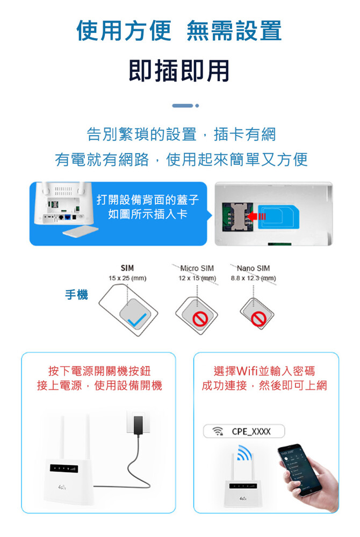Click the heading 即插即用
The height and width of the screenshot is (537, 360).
tap(179, 71)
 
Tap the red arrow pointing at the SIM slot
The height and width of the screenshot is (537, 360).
tap(256, 216)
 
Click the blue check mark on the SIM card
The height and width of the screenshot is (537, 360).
tap(136, 320)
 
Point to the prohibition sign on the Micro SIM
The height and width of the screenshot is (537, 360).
tap(200, 319)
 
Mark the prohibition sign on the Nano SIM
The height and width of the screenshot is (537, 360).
tap(258, 319)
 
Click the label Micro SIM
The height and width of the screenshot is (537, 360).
tap(197, 268)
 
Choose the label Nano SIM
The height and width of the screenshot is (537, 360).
tap(253, 268)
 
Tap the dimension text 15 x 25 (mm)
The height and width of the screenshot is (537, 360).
tap(127, 278)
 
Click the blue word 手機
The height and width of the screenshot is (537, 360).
tap(77, 294)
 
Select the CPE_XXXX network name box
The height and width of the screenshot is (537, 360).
tap(244, 431)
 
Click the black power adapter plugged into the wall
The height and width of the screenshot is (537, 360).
tap(139, 426)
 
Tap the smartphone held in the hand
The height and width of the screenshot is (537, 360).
tap(299, 470)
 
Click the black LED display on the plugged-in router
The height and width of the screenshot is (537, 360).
tap(64, 468)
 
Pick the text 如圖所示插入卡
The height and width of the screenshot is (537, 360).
tap(148, 214)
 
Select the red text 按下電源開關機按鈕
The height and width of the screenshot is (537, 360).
tap(99, 371)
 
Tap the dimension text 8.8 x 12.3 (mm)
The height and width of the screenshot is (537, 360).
tap(254, 278)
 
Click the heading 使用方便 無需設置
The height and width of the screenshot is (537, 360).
tap(179, 31)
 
